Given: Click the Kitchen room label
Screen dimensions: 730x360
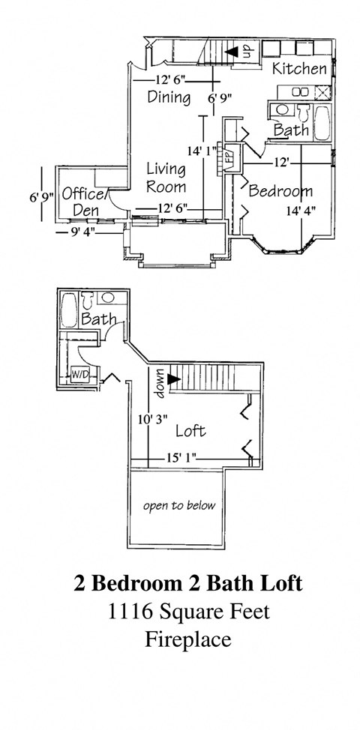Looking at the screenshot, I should click(299, 70).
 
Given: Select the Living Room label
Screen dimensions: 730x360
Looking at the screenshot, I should click(166, 178).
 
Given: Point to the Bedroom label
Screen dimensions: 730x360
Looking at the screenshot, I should click(280, 191).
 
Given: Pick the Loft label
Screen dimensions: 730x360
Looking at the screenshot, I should click(190, 432).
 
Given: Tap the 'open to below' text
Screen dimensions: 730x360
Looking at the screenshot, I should click(179, 505).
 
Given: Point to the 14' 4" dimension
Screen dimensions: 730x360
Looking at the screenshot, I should click(300, 211).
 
